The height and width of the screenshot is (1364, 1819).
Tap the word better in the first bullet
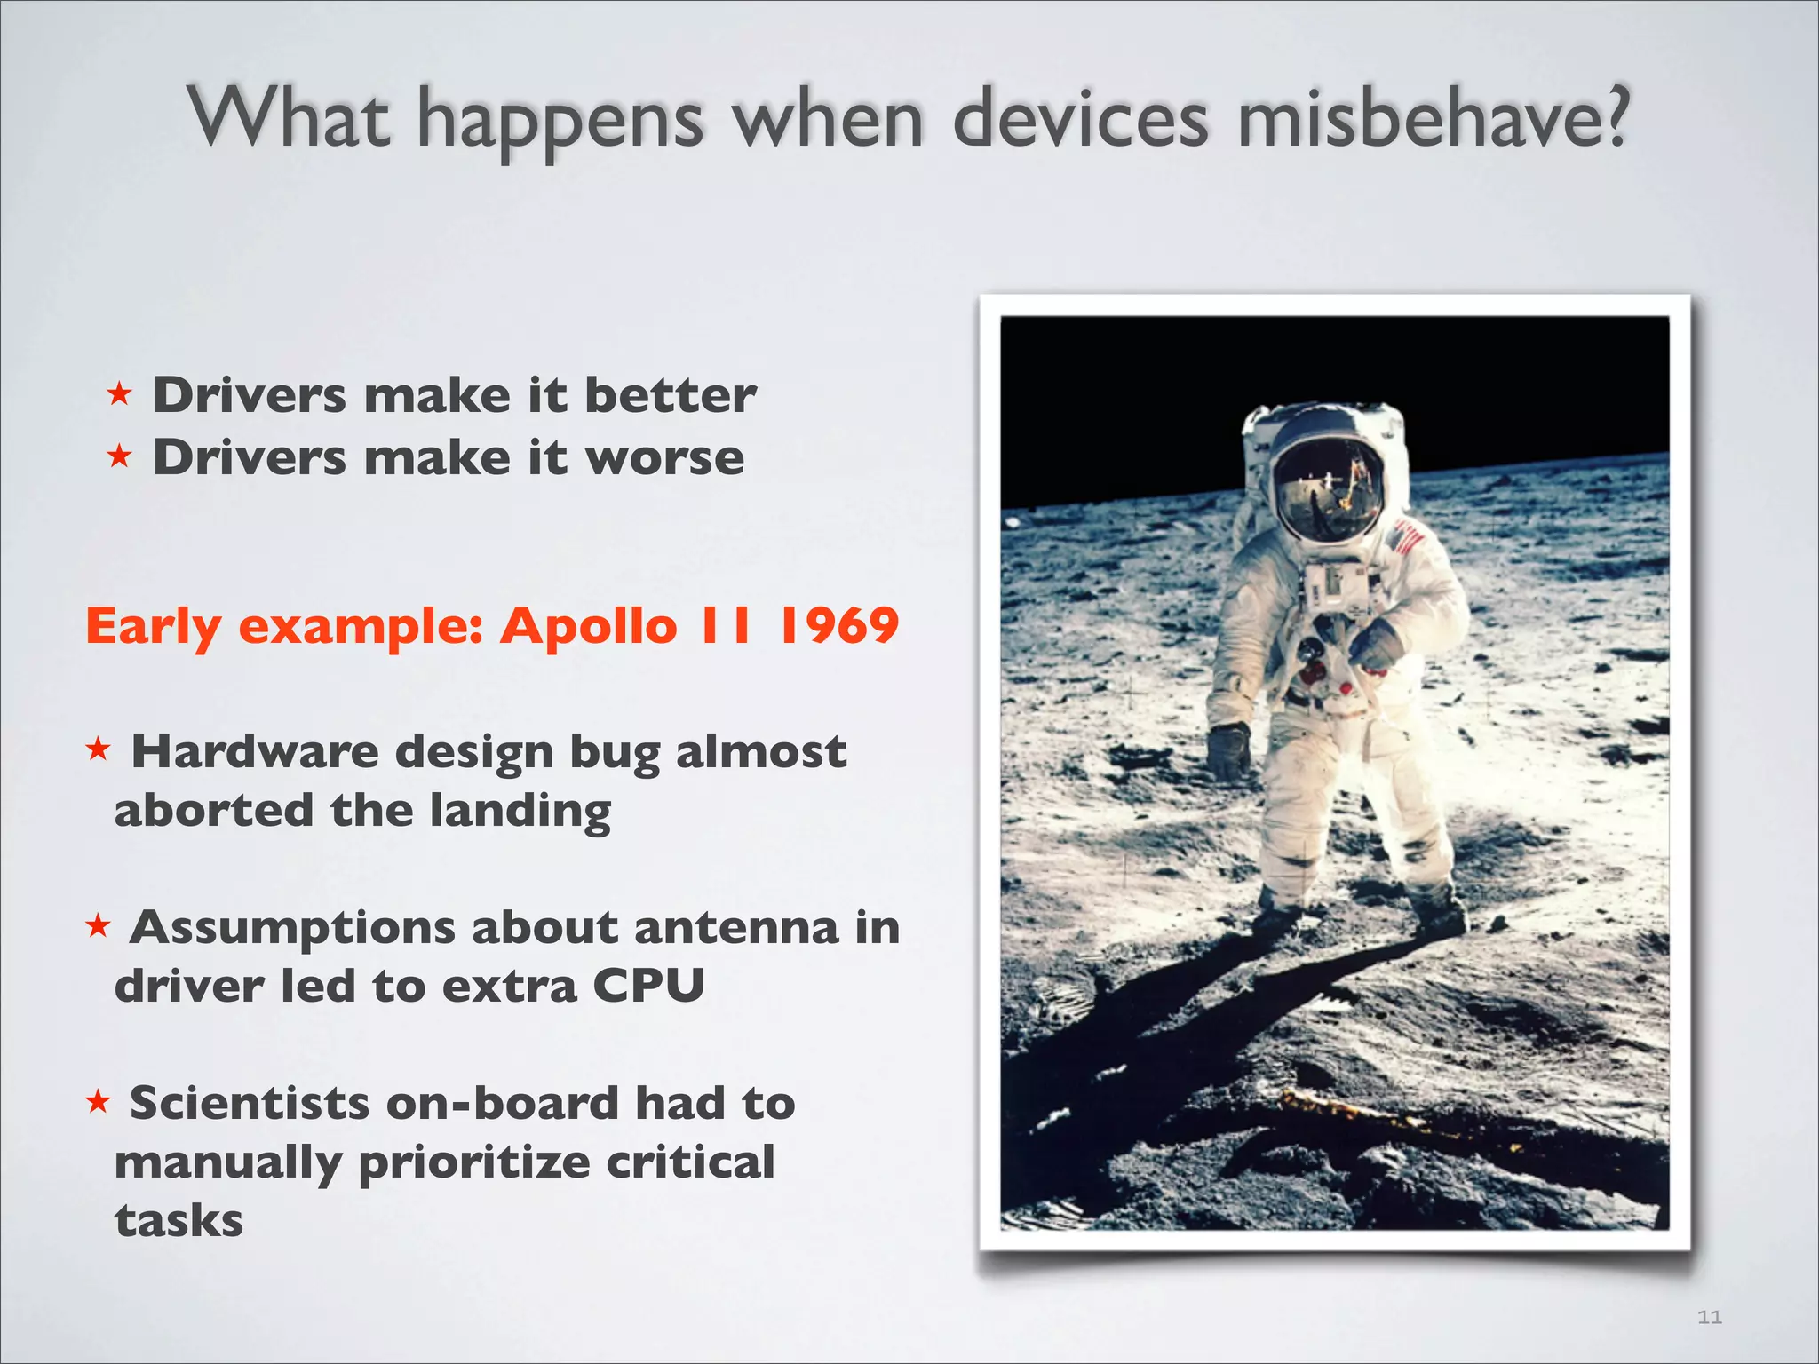(x=670, y=395)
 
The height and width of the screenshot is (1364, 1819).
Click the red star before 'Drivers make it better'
(x=119, y=393)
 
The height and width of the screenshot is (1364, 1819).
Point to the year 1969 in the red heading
(x=838, y=626)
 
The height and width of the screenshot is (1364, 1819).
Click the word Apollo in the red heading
(x=588, y=626)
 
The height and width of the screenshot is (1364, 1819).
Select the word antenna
(x=735, y=928)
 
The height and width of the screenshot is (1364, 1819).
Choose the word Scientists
(x=250, y=1104)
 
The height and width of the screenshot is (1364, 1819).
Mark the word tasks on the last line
(x=179, y=1221)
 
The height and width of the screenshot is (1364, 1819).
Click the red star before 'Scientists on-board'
(x=97, y=1102)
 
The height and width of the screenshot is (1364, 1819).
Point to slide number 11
(x=1709, y=1317)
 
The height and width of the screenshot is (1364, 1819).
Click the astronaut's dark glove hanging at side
(x=1230, y=750)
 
